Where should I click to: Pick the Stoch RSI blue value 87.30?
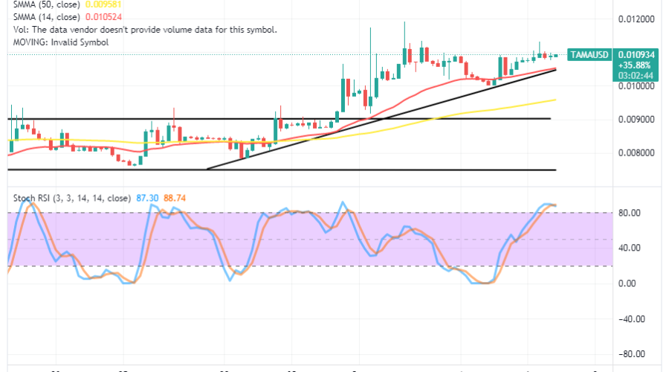pyautogui.click(x=145, y=198)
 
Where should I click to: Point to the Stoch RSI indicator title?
pyautogui.click(x=73, y=198)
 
